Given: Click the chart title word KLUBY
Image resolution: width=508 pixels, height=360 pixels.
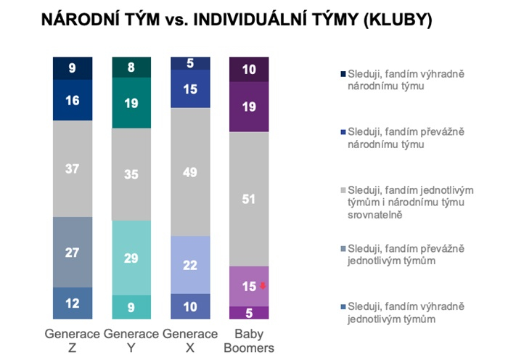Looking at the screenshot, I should (396, 22).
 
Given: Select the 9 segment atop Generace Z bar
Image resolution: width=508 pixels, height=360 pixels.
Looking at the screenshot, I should (73, 67).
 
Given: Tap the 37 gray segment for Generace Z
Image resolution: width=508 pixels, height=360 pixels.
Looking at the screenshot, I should (73, 168).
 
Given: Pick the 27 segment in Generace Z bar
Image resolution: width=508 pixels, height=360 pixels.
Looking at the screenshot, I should (73, 252).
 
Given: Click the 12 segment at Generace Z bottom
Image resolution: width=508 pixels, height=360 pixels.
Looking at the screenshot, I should (73, 303).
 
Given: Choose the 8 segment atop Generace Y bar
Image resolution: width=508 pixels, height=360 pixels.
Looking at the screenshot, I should (131, 67).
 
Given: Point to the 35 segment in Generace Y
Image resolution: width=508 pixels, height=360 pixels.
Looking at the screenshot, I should (131, 174).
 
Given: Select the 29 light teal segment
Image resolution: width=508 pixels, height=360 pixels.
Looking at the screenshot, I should (131, 258).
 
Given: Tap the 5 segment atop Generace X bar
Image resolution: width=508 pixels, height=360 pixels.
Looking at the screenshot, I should (190, 64).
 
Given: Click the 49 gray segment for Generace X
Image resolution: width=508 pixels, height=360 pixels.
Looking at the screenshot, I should (190, 171).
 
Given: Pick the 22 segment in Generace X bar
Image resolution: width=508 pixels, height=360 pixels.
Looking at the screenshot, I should (190, 265).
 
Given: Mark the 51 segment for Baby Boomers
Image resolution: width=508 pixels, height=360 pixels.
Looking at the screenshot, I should (249, 199).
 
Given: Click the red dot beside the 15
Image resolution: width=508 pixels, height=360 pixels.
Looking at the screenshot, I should (263, 285).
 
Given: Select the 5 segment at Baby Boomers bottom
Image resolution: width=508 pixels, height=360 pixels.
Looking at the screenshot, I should (249, 312).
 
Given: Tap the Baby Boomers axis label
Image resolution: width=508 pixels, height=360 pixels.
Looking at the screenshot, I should (249, 340).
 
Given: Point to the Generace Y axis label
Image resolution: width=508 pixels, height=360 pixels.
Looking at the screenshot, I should (131, 340).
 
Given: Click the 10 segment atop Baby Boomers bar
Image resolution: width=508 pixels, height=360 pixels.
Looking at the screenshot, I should (249, 70).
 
